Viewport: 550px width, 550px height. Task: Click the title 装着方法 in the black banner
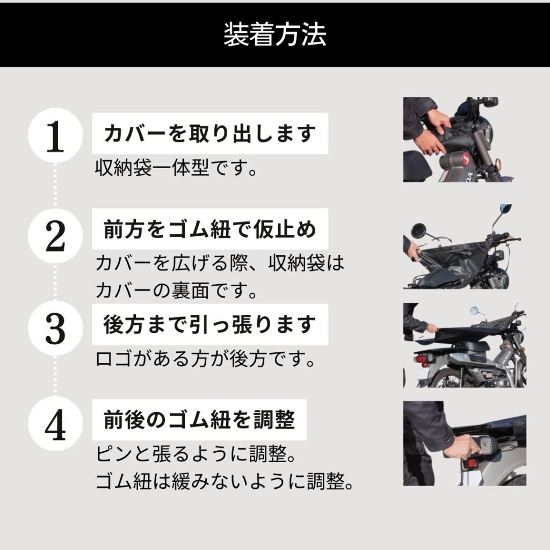pyautogui.click(x=274, y=35)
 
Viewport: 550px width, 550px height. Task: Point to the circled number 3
pyautogui.click(x=55, y=328)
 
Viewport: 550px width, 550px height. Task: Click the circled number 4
pyautogui.click(x=55, y=425)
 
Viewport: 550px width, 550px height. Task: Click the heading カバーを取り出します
pyautogui.click(x=209, y=133)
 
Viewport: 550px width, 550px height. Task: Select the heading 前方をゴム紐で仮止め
pyautogui.click(x=209, y=230)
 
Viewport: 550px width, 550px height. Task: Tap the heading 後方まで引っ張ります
pyautogui.click(x=209, y=324)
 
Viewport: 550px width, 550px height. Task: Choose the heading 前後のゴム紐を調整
pyautogui.click(x=199, y=419)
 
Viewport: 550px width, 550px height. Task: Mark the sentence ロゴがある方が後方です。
pyautogui.click(x=205, y=358)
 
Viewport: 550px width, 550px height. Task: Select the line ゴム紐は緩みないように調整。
pyautogui.click(x=225, y=481)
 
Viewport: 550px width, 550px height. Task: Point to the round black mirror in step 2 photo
pyautogui.click(x=418, y=231)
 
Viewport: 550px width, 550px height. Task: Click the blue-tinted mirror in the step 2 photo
pyautogui.click(x=505, y=209)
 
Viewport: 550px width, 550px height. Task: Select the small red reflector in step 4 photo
pyautogui.click(x=469, y=462)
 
